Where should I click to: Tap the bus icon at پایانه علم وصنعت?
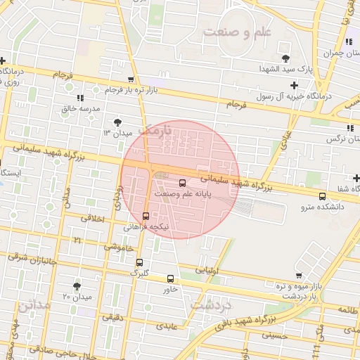183,183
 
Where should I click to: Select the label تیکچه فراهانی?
146,227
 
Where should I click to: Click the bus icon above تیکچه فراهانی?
146,216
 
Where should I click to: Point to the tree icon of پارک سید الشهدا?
285,58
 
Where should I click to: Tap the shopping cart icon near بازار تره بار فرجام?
131,79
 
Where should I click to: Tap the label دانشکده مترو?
322,207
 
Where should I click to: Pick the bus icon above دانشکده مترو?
322,196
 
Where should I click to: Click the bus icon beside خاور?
170,278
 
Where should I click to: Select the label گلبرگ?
141,273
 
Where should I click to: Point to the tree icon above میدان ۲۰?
77,285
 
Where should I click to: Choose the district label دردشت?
211,304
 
